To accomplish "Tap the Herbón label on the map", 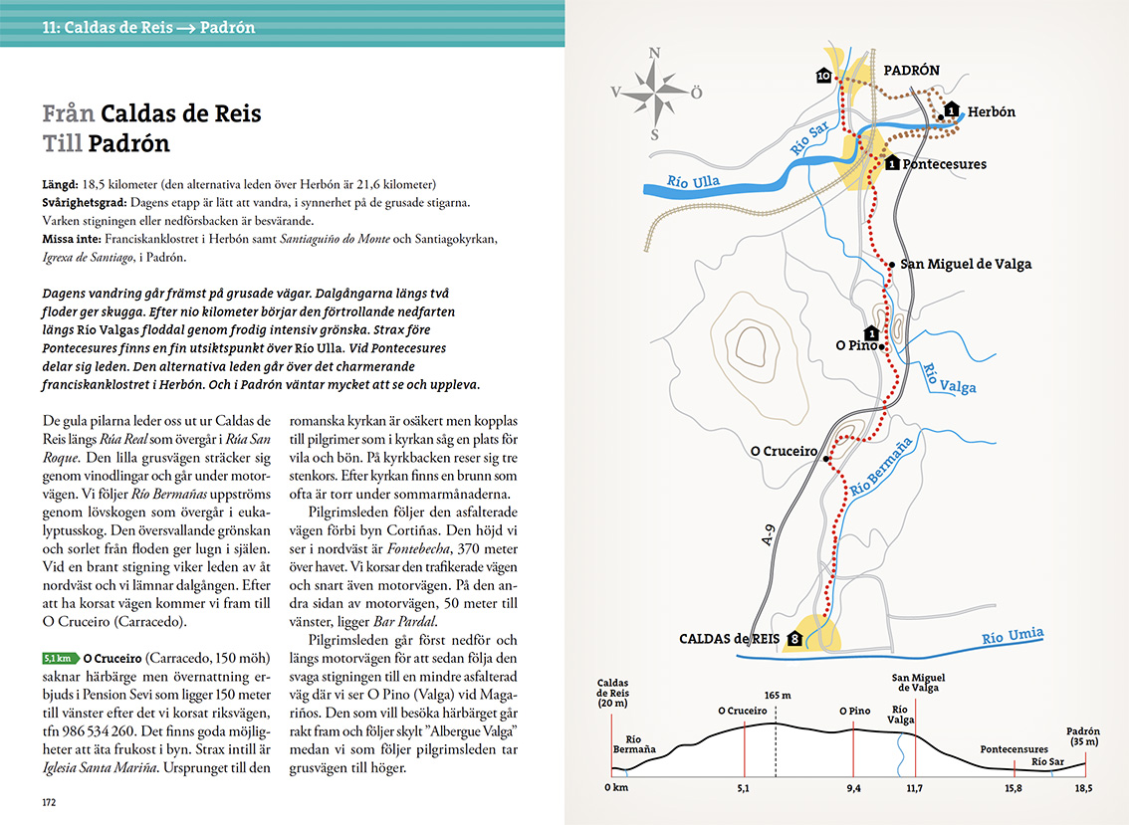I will tap(992, 112).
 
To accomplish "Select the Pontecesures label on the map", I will tap(944, 164).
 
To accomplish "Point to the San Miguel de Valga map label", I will tap(966, 264).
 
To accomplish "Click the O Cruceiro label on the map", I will tap(784, 451).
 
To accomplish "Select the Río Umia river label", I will tap(1013, 636).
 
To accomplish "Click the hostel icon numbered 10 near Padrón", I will tap(823, 76).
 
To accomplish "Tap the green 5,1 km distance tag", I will tap(60, 658).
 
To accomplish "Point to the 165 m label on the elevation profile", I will tap(777, 695).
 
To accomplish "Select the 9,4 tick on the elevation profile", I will tap(852, 788).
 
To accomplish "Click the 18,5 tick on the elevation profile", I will tap(1083, 788).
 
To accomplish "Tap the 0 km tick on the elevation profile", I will tap(617, 788).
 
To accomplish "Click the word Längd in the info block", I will tap(60, 184).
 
